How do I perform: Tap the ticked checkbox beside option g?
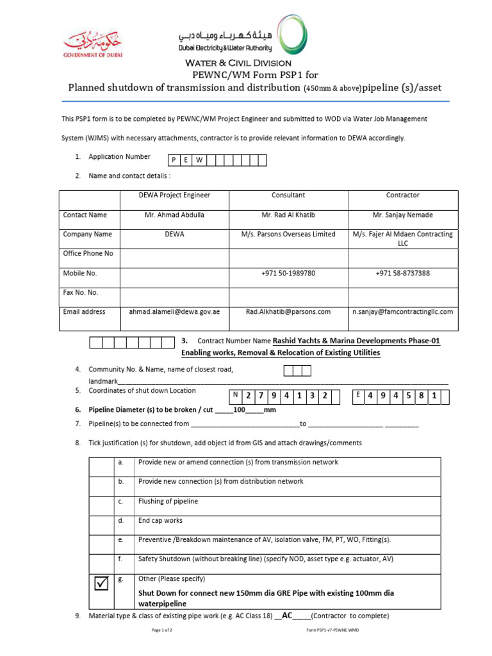tap(102, 584)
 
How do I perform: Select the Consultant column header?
tap(288, 195)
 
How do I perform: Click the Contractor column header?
tap(402, 195)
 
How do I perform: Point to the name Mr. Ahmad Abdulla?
tap(174, 215)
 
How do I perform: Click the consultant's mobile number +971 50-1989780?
tap(288, 273)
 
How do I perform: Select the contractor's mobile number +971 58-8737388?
tap(402, 273)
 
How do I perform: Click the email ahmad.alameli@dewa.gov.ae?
tap(174, 312)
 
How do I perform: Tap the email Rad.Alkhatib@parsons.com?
tap(288, 312)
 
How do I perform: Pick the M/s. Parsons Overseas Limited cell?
tap(288, 234)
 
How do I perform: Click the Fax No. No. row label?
tap(80, 293)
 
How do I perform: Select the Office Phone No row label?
tap(88, 254)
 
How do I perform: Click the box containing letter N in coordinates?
tap(236, 397)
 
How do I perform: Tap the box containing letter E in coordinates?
tap(358, 397)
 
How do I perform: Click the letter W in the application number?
tap(200, 161)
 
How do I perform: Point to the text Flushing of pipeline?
tap(168, 501)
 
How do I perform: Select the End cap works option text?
tap(160, 520)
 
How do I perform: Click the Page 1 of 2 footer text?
tap(162, 630)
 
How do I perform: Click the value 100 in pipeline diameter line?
tap(240, 410)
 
